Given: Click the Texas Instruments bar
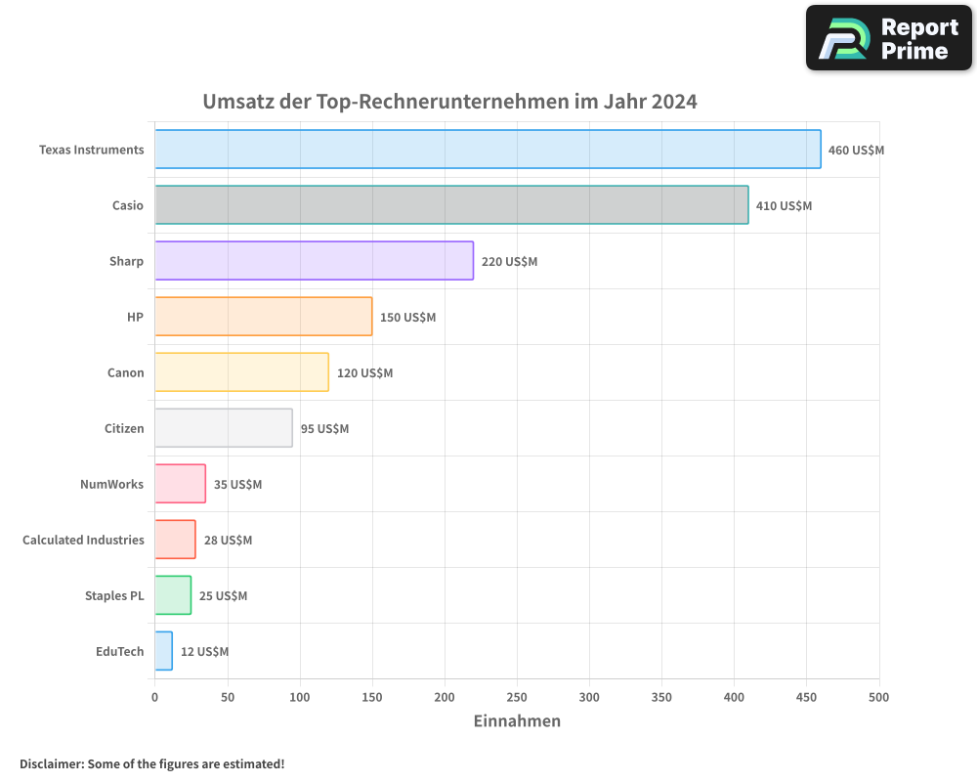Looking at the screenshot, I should point(488,150).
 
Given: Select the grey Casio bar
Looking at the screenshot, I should point(451,205).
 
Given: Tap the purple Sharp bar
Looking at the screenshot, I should point(314,261).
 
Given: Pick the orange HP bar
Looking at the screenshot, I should point(263,317).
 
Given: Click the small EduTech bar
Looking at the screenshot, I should point(163,651).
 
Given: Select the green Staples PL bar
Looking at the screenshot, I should point(173,595).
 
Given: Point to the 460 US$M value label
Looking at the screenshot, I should point(856,151).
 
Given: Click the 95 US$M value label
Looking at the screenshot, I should point(324,429).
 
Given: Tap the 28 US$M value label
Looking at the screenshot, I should point(228,541).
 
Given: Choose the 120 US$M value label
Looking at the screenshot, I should point(364,373).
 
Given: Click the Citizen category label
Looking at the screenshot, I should point(124,428).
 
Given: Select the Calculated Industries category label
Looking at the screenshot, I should point(83,540).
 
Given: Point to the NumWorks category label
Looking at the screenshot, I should point(111,484).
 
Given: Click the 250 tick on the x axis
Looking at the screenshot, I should point(517,697).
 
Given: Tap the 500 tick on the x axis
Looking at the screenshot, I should point(878,697).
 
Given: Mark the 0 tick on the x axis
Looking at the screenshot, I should point(154,697).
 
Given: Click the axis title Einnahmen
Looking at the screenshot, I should point(517,721).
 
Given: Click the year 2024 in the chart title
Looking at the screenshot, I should point(674,102).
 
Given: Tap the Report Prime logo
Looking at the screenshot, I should point(889,38).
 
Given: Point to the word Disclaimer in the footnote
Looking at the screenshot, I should point(50,763).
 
